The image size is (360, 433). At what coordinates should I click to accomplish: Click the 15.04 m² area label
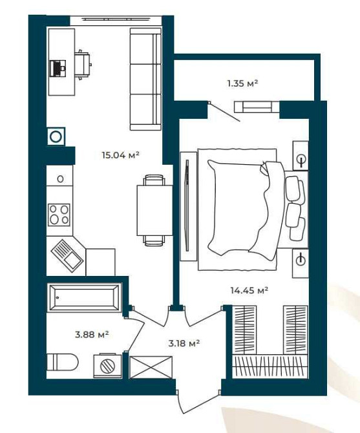[x=120, y=155]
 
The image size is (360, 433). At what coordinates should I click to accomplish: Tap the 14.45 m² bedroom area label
[x=249, y=290]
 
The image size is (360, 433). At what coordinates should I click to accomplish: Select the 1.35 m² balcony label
[x=242, y=83]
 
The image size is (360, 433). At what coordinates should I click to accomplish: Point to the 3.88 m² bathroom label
[x=92, y=334]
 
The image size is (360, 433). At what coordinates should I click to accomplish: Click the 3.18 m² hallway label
[x=184, y=343]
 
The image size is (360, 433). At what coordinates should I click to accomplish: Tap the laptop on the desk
[x=58, y=69]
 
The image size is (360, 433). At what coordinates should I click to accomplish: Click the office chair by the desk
[x=83, y=65]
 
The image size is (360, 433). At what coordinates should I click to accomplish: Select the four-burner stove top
[x=59, y=215]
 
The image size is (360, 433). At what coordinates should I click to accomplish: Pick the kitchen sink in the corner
[x=67, y=256]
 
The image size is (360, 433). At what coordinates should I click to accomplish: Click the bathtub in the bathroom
[x=84, y=297]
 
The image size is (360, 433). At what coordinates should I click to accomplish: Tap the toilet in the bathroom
[x=63, y=362]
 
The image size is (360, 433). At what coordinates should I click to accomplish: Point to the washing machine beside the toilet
[x=107, y=365]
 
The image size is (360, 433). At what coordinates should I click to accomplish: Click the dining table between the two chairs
[x=154, y=210]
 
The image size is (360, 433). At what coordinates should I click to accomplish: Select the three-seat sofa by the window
[x=145, y=79]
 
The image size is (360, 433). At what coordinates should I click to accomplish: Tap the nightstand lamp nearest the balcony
[x=301, y=156]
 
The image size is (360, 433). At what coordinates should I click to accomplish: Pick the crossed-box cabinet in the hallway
[x=151, y=367]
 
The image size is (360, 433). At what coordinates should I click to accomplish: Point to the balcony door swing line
[x=224, y=112]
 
